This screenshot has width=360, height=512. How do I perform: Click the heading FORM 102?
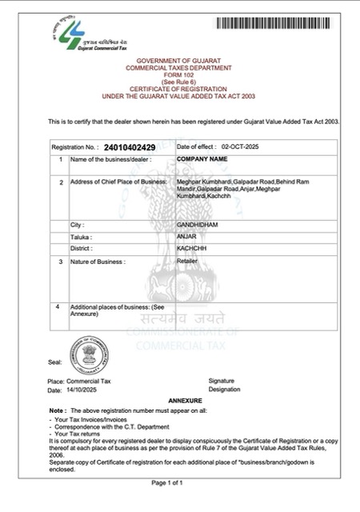point(180,74)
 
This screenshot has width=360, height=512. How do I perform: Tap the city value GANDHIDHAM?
point(198,226)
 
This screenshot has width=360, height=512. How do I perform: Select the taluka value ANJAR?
point(186,238)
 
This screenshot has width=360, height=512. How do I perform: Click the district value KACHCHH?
point(190,250)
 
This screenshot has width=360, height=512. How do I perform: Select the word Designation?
point(224,390)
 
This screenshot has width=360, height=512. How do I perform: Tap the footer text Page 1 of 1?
point(179,483)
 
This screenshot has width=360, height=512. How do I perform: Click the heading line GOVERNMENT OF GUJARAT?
point(180,60)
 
